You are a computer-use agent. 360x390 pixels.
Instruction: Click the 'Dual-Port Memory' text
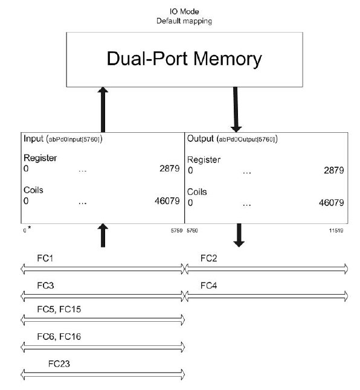coord(184,59)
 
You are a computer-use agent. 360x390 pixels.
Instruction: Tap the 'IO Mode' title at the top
coord(184,11)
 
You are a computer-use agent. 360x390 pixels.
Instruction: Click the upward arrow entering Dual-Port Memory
coord(103,109)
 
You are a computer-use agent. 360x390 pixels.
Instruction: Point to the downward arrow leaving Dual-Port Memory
coord(236,109)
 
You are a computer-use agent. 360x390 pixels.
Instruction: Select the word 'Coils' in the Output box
coord(198,191)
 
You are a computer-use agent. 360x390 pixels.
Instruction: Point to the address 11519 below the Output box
coord(337,230)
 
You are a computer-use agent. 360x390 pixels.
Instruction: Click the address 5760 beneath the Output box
coord(192,230)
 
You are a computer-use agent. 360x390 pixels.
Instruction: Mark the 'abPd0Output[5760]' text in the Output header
coord(247,139)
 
